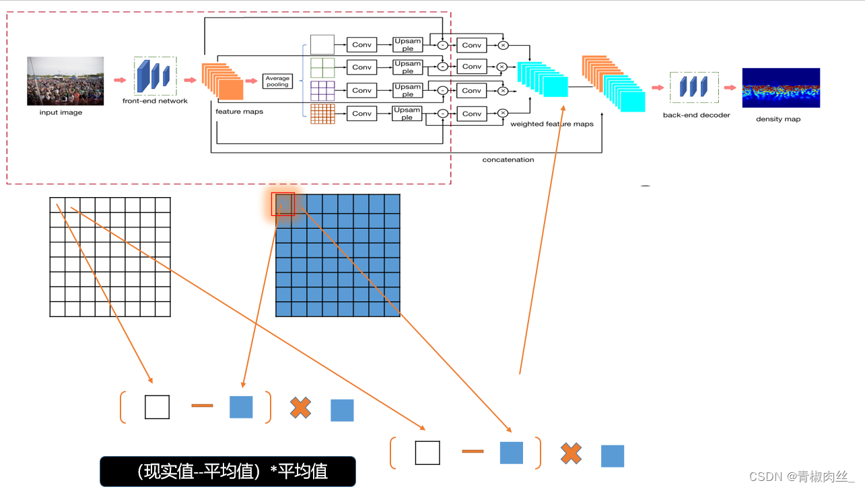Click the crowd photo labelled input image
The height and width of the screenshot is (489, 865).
[x=65, y=81]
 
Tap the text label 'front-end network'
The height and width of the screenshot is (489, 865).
[x=155, y=101]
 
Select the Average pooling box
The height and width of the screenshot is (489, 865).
[x=277, y=81]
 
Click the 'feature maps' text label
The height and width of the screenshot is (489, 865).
[x=239, y=112]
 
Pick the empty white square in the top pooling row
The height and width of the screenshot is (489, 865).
[x=322, y=44]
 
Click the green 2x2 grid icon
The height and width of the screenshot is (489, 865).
[x=322, y=67]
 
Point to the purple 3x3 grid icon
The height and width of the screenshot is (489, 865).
[x=322, y=90]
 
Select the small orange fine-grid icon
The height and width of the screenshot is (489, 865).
[x=322, y=114]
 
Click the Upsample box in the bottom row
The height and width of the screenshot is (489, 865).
[x=407, y=114]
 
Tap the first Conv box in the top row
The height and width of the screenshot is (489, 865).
[x=361, y=45]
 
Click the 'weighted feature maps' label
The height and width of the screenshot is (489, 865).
[x=552, y=124]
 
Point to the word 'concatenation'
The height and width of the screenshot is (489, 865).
[x=508, y=159]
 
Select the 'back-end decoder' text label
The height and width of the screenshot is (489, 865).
[x=696, y=115]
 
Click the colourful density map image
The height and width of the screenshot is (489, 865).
[x=781, y=87]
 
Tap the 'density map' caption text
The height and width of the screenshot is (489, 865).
[x=778, y=119]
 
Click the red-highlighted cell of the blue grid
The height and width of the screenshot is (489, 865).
[x=283, y=204]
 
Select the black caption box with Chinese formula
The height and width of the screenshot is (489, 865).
[x=228, y=471]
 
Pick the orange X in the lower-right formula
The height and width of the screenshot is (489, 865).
[x=571, y=453]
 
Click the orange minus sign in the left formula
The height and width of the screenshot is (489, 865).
[x=202, y=406]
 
